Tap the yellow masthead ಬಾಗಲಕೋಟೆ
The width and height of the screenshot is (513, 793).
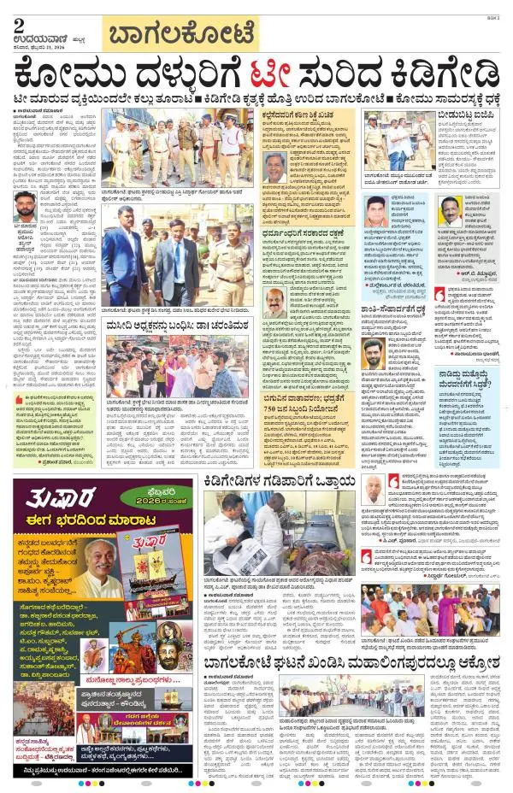180,36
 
